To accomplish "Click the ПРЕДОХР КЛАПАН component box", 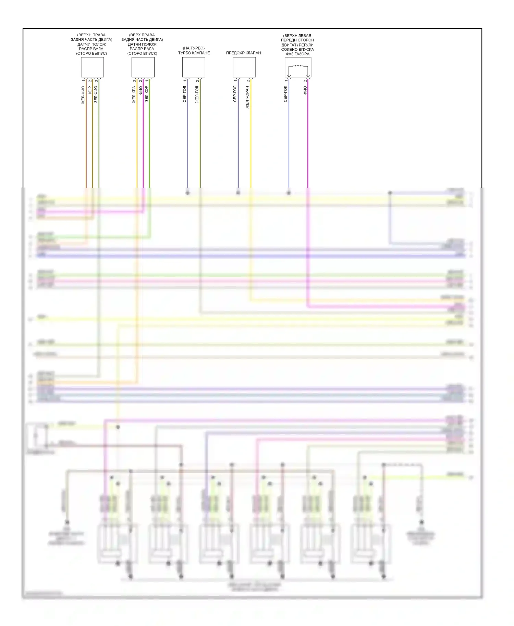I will click(244, 67).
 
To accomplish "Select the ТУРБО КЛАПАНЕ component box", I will click(194, 67).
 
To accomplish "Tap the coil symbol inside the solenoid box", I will click(298, 66).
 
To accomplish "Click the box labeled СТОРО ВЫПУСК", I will click(92, 67).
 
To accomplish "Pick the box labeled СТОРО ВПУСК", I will click(143, 67).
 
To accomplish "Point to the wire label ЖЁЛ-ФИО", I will click(83, 95).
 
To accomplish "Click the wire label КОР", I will click(90, 90).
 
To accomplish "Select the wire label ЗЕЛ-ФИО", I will click(96, 94).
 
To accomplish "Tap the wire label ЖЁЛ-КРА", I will click(134, 95).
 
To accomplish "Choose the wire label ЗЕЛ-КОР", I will click(146, 93).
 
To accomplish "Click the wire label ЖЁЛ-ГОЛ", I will click(197, 94).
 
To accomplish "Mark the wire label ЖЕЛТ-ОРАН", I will click(247, 97).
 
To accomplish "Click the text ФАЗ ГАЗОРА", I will click(297, 54).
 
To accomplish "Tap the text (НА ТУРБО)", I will click(194, 48).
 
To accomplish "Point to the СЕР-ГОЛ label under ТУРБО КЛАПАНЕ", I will click(184, 94).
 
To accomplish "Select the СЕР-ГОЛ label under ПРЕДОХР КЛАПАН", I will click(235, 94).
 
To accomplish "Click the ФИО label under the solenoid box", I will click(305, 90).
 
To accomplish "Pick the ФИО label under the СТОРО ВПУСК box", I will click(140, 90).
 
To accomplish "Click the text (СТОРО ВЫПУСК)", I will click(91, 53).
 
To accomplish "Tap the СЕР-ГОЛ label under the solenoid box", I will click(285, 94).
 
